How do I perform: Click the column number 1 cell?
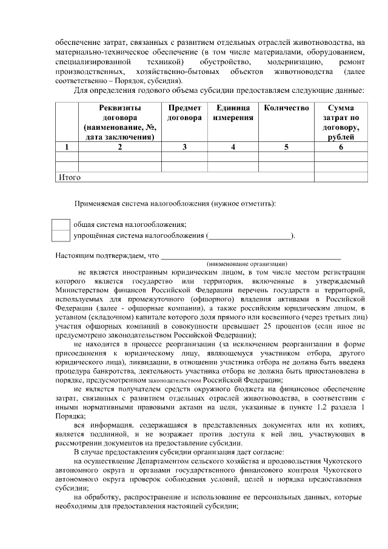pyautogui.click(x=67, y=147)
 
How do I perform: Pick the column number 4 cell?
pyautogui.click(x=233, y=147)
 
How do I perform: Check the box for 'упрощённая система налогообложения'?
pyautogui.click(x=61, y=236)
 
